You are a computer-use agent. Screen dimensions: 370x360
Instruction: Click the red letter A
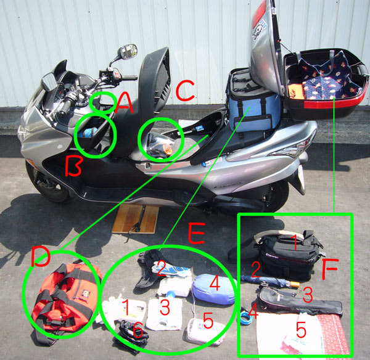coord(124,103)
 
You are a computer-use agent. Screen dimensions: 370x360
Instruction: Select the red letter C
coord(185,91)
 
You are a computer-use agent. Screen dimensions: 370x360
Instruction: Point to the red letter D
coord(41,256)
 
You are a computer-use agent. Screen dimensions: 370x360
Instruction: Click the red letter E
coord(197,233)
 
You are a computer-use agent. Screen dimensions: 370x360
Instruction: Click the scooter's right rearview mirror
coord(129,51)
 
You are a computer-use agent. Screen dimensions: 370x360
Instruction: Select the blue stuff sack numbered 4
coord(214,289)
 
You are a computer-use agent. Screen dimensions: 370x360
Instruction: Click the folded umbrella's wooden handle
coord(295,285)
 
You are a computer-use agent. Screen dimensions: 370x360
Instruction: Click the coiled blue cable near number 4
coord(247,317)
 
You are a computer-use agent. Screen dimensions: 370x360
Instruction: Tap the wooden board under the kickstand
coord(136,219)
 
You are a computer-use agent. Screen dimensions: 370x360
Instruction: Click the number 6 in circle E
coord(138,330)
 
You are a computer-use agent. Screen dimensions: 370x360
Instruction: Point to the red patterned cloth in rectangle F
coord(333,333)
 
